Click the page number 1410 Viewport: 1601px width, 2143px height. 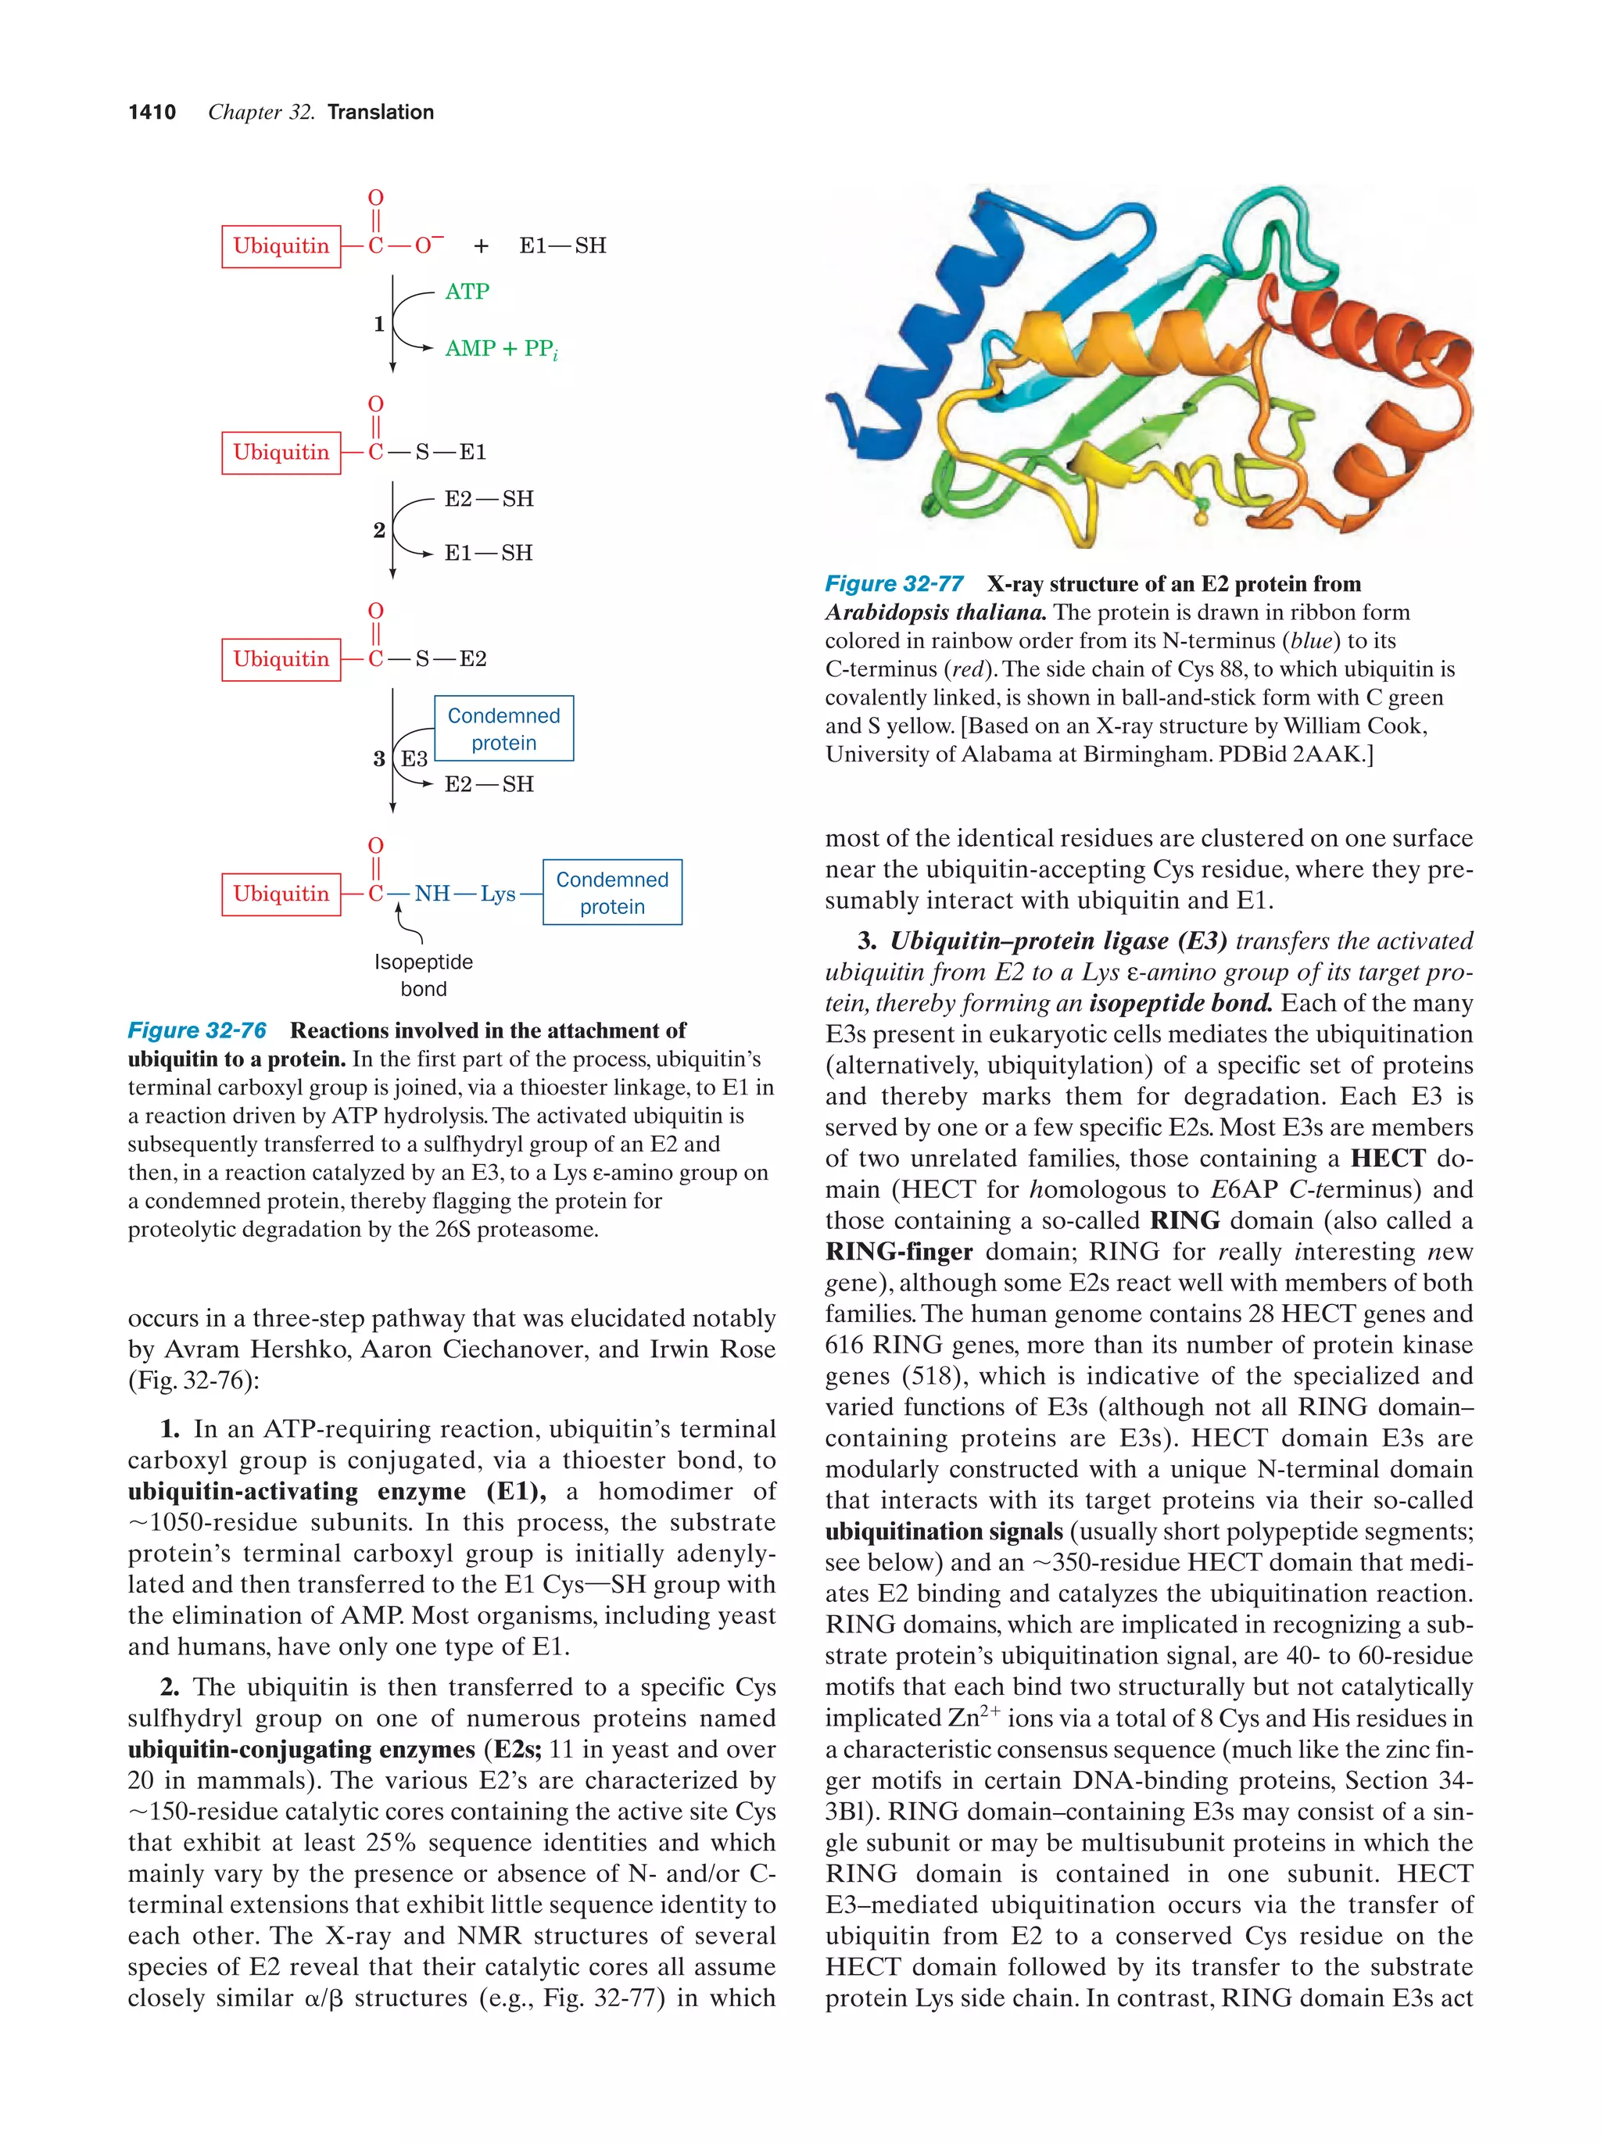coord(152,113)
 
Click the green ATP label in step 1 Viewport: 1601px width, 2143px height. coord(467,292)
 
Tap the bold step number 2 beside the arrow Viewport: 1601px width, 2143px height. coord(378,530)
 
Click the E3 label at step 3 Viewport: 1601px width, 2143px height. coord(414,758)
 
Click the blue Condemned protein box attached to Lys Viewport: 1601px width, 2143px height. coord(612,892)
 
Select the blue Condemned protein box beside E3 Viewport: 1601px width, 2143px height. coord(503,729)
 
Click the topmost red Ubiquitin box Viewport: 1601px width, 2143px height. coord(281,246)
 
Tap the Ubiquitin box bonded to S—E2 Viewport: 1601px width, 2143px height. coord(281,659)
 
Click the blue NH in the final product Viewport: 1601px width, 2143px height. coord(432,893)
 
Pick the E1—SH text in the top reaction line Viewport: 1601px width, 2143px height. coord(562,246)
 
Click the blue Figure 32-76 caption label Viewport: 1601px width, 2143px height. coord(198,1030)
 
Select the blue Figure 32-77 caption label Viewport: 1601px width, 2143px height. coord(894,583)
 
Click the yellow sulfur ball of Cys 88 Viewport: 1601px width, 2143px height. coord(1201,519)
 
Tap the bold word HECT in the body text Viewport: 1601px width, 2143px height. coord(1387,1158)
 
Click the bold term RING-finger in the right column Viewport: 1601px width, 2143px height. coord(898,1252)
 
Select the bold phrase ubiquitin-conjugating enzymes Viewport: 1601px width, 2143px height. coord(300,1750)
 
